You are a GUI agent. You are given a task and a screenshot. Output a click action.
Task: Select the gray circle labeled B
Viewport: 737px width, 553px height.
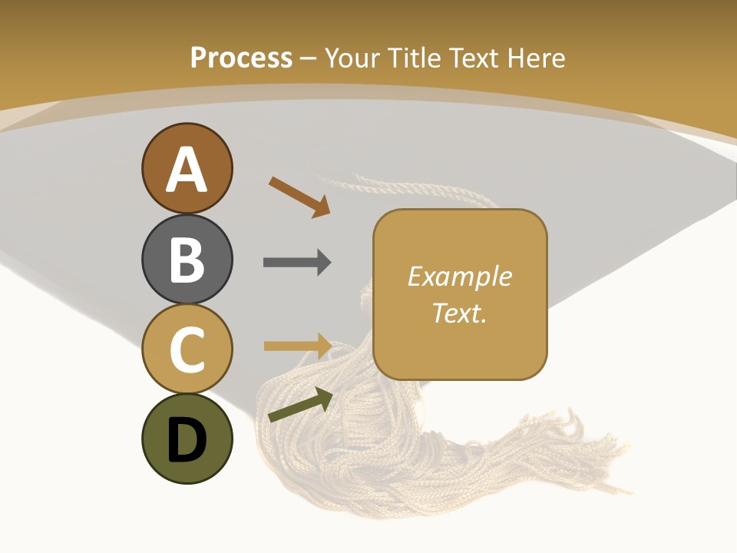click(x=187, y=259)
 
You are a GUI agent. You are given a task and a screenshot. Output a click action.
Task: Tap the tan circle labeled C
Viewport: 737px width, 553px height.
click(x=187, y=349)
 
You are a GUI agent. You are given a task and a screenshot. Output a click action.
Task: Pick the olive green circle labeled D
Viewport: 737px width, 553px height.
click(x=187, y=439)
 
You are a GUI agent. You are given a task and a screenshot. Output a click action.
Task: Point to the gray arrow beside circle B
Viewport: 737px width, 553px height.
click(x=297, y=263)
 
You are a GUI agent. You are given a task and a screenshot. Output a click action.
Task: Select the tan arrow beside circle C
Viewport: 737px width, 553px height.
click(x=297, y=346)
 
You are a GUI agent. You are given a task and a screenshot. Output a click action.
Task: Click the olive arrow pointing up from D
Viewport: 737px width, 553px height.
click(x=300, y=406)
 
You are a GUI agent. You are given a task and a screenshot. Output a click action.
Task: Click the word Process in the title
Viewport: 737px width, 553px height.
click(x=241, y=58)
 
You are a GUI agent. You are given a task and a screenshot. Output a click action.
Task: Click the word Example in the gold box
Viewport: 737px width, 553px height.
click(x=460, y=276)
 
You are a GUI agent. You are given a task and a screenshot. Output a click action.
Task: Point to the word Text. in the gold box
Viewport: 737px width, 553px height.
click(x=460, y=313)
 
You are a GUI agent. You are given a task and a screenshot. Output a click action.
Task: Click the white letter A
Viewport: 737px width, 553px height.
click(x=187, y=170)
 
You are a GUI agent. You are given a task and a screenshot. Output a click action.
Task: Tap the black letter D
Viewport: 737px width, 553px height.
click(x=187, y=441)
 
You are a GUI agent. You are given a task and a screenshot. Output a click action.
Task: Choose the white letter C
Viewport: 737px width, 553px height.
click(x=187, y=350)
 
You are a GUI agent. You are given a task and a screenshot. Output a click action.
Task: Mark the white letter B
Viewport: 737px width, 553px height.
click(x=187, y=260)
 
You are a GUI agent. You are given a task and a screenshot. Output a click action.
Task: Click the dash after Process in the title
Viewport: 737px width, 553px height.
click(x=308, y=58)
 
